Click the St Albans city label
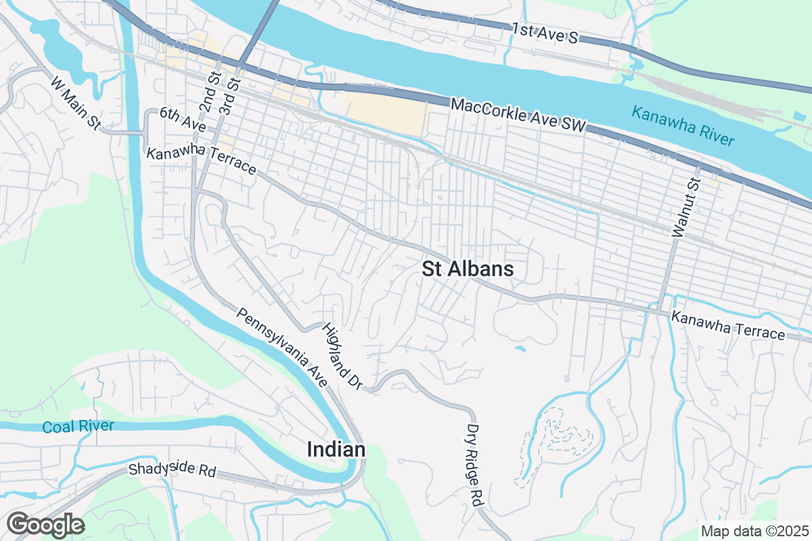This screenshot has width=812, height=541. pos(468,269)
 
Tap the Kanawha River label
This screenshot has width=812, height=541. pos(682,126)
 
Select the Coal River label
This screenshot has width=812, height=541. pos(78,427)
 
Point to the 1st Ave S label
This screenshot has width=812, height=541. pos(545,33)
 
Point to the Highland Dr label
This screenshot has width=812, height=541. pos(342,356)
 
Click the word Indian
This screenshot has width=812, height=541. pos(336,450)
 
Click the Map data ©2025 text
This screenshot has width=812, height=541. pos(754,531)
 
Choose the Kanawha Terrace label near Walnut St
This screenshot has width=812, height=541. pos(728,325)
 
